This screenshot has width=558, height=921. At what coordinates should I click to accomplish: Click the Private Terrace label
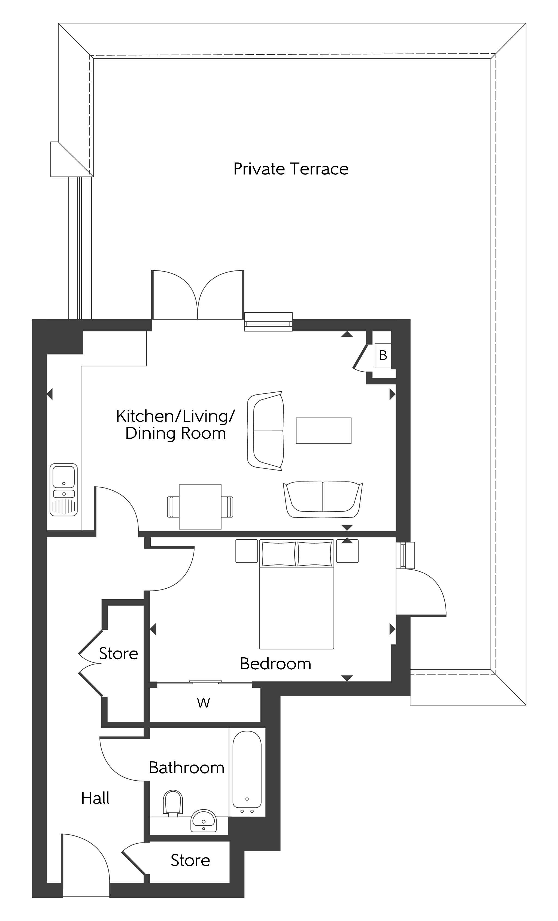(x=290, y=169)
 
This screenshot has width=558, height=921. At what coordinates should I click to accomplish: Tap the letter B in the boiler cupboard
(x=383, y=355)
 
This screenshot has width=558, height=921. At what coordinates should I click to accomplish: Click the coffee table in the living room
(x=323, y=431)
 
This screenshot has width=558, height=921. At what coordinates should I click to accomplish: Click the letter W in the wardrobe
(x=203, y=703)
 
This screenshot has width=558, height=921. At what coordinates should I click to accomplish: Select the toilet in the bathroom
(x=173, y=804)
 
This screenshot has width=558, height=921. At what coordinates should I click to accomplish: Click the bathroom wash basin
(x=204, y=821)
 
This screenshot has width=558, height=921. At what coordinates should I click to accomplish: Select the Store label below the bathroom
(x=190, y=860)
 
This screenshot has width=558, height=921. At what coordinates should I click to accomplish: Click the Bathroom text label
(x=186, y=768)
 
